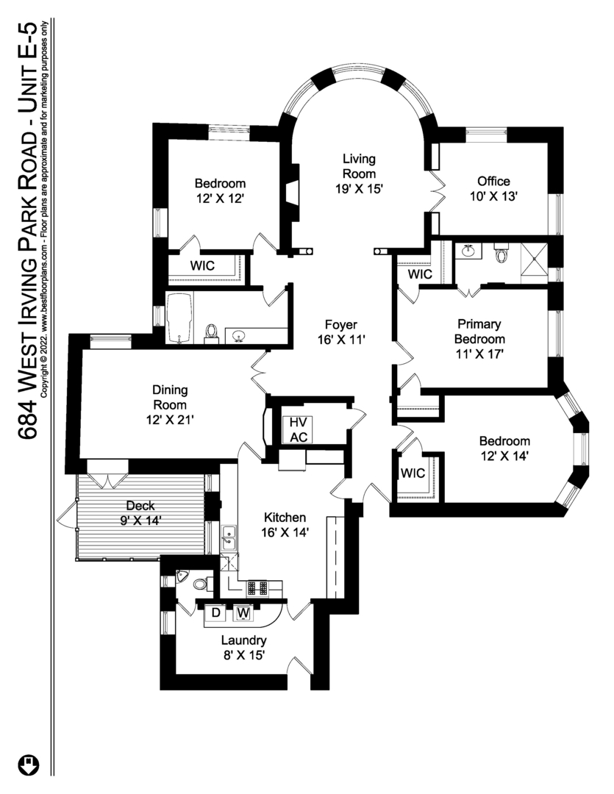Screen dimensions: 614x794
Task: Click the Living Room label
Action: tap(359, 174)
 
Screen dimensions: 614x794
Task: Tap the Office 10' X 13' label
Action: tap(493, 188)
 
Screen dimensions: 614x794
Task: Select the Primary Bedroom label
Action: tap(479, 339)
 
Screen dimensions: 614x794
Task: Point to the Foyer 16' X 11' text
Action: tap(341, 332)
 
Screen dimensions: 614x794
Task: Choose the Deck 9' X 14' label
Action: tap(140, 512)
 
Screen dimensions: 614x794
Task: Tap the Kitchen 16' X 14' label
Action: tap(285, 525)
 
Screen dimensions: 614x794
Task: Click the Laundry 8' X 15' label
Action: tap(243, 648)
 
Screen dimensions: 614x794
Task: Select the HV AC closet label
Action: tap(299, 429)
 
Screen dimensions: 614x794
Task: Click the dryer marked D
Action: tap(215, 612)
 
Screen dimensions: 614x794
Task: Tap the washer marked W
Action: tap(243, 613)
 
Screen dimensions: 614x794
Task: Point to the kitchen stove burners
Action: tap(257, 588)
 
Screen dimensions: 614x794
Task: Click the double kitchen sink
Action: tap(229, 537)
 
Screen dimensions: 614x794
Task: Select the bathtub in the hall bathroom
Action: tap(179, 318)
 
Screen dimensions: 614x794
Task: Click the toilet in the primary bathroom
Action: tap(501, 253)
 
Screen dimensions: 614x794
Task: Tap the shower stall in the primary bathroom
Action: tap(535, 263)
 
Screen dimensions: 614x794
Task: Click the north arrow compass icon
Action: tap(29, 765)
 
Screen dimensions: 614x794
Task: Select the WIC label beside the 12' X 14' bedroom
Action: tap(413, 473)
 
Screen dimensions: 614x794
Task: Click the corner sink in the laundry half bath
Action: tap(182, 576)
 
